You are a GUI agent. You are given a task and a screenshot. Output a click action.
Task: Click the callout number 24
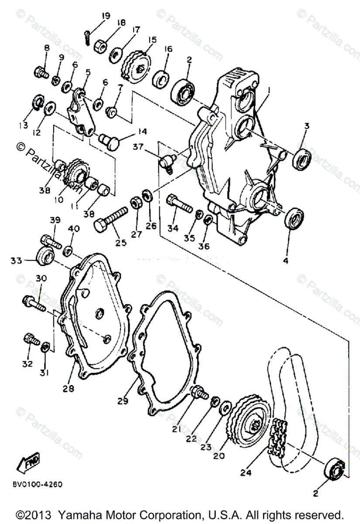[245, 472]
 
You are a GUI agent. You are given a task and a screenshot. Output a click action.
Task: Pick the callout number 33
[17, 261]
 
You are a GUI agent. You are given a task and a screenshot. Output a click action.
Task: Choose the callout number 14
[130, 131]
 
